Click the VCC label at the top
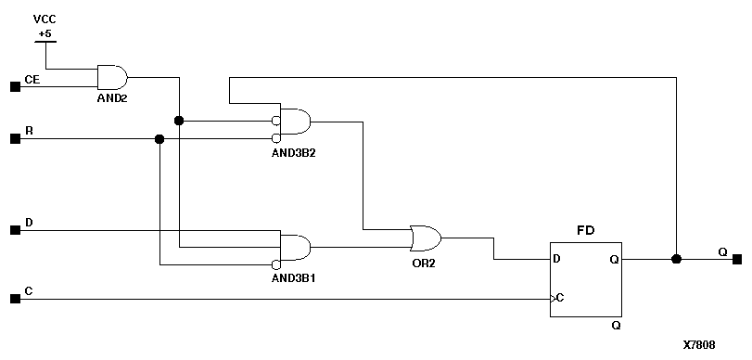pos(44,19)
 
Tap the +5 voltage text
pos(44,33)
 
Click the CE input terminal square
pos(14,87)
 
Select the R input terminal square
pos(14,139)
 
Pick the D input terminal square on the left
pos(14,229)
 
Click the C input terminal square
pos(14,299)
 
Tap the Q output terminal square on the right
pos(737,259)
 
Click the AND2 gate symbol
pos(112,77)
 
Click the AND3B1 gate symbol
pos(295,247)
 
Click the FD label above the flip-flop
pos(585,229)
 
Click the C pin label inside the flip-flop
pos(560,298)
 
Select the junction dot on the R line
pos(159,139)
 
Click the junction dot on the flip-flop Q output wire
pos(676,259)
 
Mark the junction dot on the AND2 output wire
pos(179,121)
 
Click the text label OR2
pos(424,264)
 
